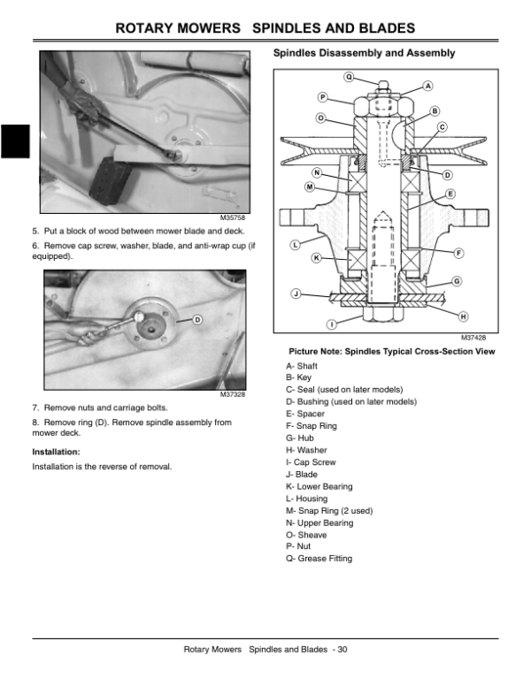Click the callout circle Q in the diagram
[x=349, y=76]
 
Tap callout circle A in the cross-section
[x=428, y=86]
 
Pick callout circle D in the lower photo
[x=197, y=318]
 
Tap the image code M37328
[x=233, y=394]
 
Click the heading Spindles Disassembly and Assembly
[x=364, y=54]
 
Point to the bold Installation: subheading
[x=57, y=452]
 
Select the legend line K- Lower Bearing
[x=319, y=486]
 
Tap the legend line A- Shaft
[x=303, y=365]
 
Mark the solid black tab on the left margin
[x=15, y=143]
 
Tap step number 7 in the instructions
[x=35, y=408]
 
